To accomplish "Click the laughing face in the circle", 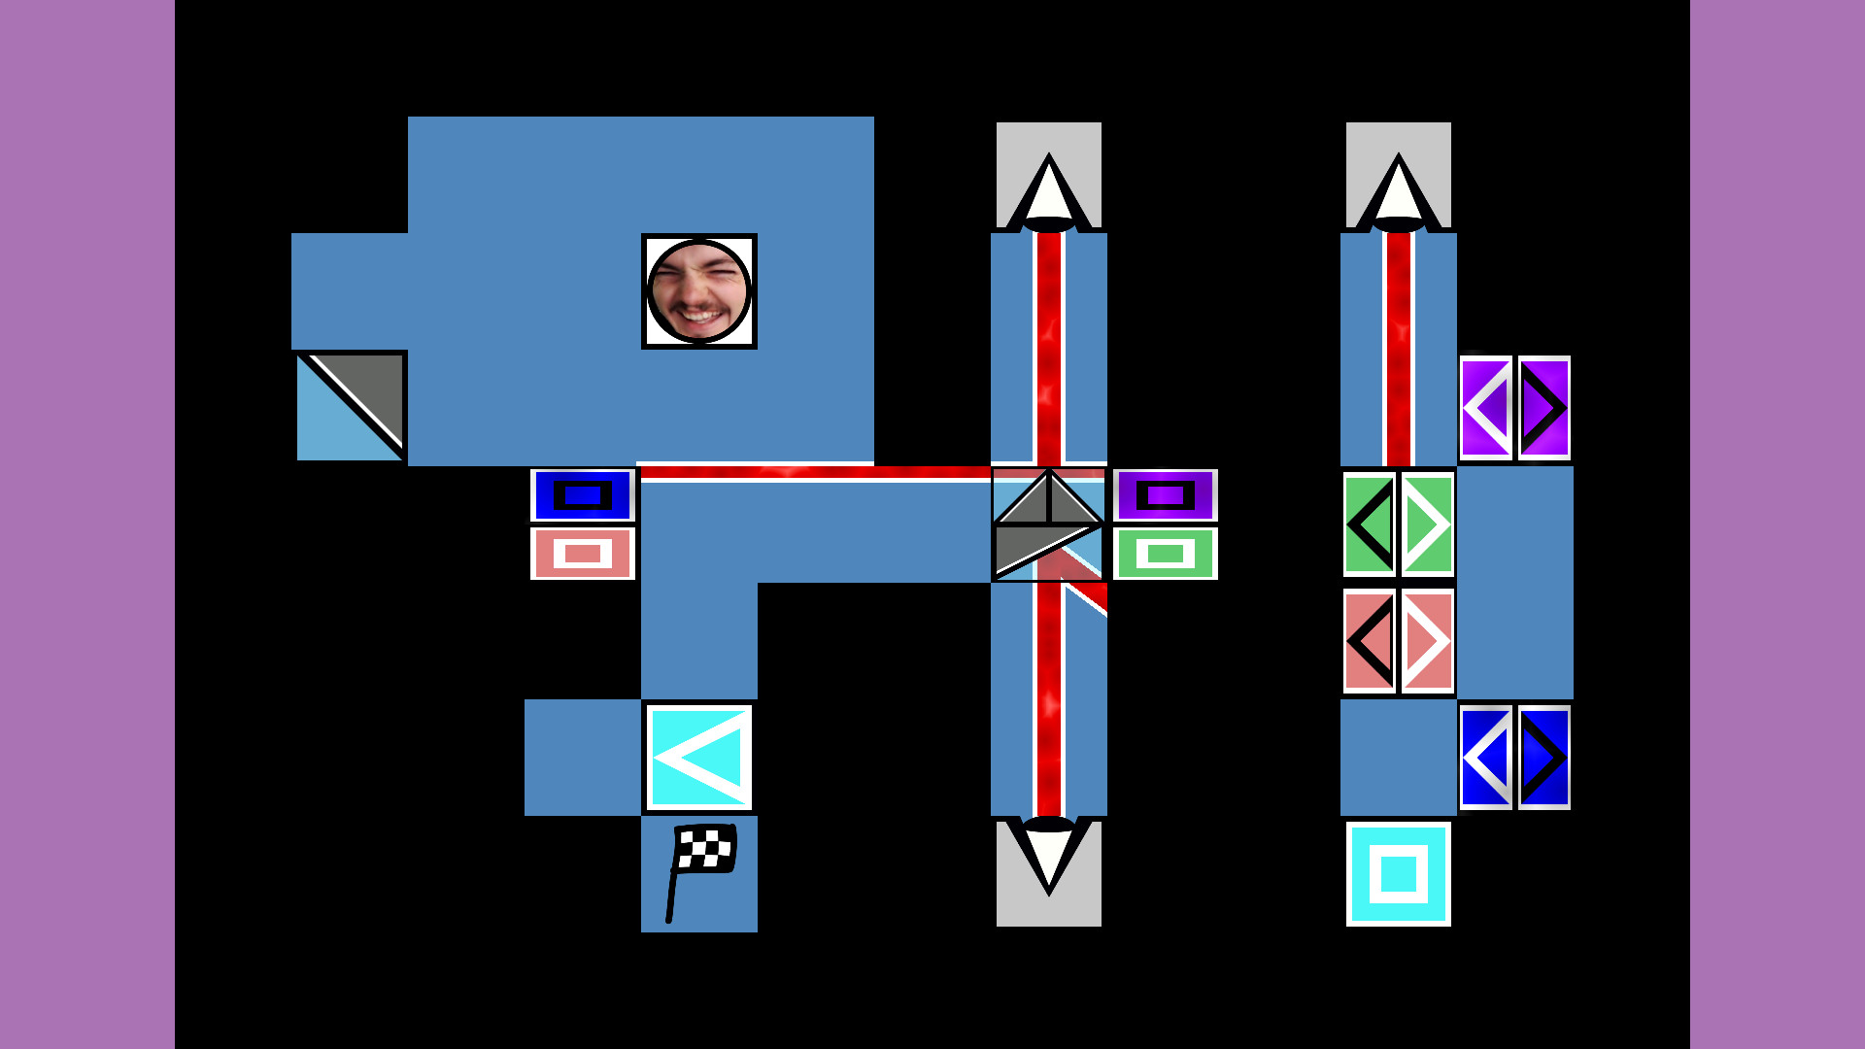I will point(699,291).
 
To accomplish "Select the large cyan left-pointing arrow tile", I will point(699,758).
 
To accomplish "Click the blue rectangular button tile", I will point(583,495).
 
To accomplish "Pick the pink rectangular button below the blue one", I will point(583,554).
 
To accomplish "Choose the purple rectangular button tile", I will point(1166,495).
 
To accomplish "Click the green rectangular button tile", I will point(1166,554).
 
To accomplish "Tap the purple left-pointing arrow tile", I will point(1486,408).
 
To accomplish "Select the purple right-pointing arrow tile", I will point(1544,408).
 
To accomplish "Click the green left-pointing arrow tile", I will point(1370,524).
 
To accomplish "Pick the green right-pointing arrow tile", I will point(1428,524).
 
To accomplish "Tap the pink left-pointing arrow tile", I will point(1370,641).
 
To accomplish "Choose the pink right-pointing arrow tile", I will point(1428,641).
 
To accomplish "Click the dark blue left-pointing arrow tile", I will point(1486,758).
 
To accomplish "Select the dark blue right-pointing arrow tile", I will point(1544,758).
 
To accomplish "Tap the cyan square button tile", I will point(1399,874).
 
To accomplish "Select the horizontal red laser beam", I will point(816,473).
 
